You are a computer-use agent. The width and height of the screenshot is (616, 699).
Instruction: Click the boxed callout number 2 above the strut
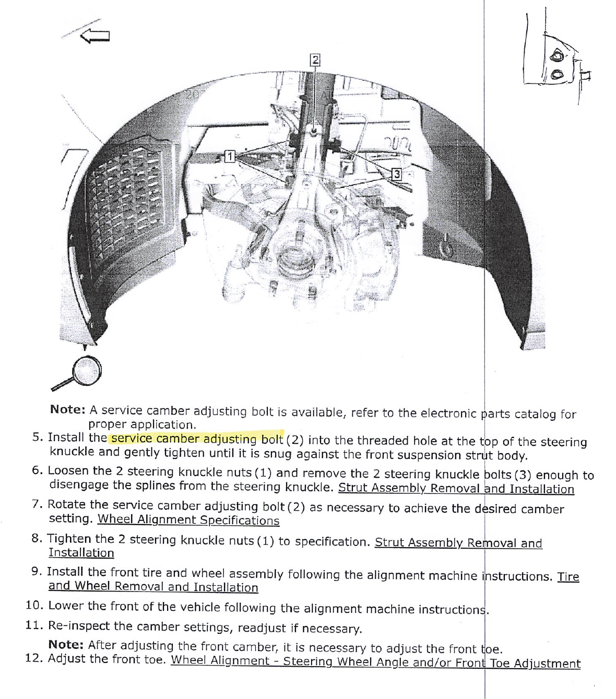tap(315, 60)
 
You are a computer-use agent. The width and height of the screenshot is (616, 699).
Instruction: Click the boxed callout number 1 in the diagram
tap(230, 156)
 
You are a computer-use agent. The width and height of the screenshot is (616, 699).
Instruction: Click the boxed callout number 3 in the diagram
tap(397, 174)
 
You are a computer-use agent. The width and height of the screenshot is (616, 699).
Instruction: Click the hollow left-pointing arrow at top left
tap(95, 36)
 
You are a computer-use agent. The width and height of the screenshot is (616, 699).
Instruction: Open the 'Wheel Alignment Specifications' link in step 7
tap(188, 520)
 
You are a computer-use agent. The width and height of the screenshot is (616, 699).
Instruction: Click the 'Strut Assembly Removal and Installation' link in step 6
tap(456, 489)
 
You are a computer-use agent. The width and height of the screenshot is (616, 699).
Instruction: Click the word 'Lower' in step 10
tap(66, 606)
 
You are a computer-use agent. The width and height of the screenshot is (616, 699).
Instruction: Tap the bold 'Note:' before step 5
tap(68, 410)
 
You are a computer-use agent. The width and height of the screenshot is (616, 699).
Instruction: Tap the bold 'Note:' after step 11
tap(66, 645)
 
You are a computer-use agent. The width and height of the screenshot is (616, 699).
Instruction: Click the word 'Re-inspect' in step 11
tap(79, 626)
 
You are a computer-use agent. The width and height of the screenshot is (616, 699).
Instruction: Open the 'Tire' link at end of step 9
tap(568, 577)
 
